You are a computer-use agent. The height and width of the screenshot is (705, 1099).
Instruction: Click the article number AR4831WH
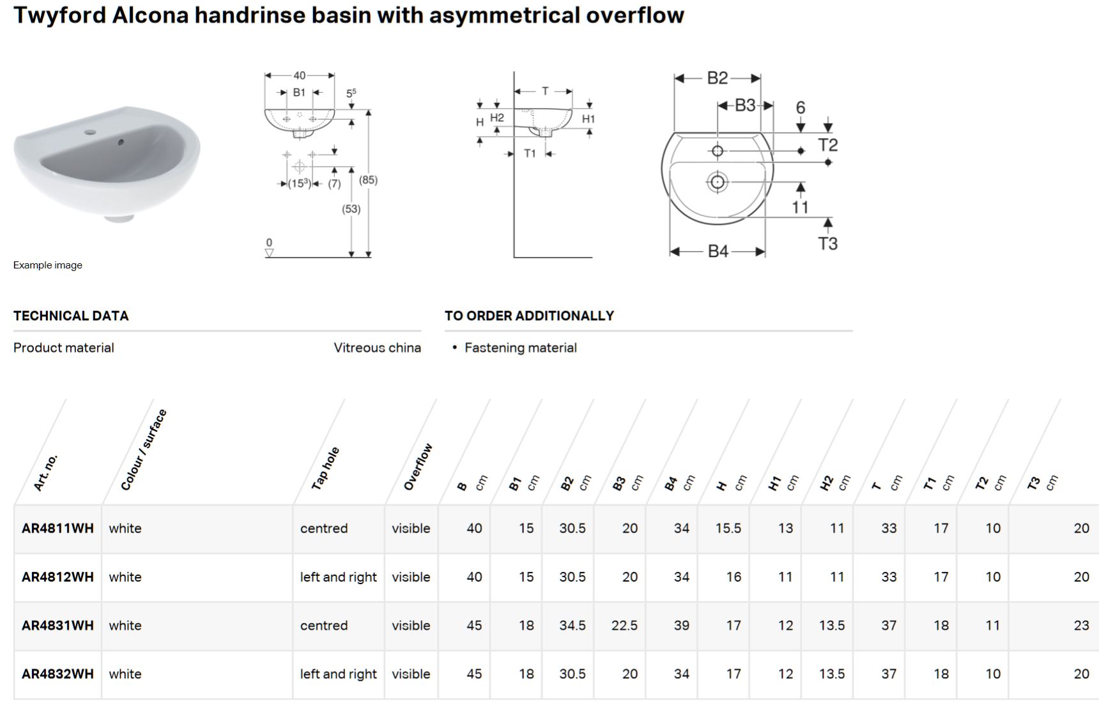[x=58, y=625]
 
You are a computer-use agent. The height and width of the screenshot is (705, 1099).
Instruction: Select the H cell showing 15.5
[x=728, y=528]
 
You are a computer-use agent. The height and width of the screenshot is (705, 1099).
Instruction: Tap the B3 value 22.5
[x=624, y=625]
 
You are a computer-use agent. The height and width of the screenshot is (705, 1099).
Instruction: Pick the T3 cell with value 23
[x=1080, y=625]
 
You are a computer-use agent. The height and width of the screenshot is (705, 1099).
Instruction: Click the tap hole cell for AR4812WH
[x=338, y=577]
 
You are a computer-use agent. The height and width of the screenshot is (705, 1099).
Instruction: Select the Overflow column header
[x=418, y=467]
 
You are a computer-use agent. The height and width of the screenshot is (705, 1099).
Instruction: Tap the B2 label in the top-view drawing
[x=717, y=78]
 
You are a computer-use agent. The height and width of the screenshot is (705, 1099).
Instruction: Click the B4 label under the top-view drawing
[x=718, y=251]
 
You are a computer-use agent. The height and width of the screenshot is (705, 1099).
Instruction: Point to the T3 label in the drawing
[x=827, y=244]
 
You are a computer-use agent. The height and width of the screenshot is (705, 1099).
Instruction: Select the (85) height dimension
[x=368, y=180]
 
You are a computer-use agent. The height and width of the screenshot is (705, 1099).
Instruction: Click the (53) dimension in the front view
[x=351, y=209]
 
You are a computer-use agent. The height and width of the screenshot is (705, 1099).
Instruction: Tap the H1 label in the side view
[x=588, y=119]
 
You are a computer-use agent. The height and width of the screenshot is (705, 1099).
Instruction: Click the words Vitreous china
[x=377, y=348]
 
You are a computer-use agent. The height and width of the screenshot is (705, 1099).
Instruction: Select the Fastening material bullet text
[x=520, y=348]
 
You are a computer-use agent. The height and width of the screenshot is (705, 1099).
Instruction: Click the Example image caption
[x=48, y=265]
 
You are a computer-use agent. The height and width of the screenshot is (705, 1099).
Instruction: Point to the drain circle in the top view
[x=717, y=182]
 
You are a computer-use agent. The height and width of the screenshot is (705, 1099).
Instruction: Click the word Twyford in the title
[x=59, y=15]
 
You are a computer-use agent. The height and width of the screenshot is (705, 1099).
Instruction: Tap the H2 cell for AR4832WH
[x=831, y=674]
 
